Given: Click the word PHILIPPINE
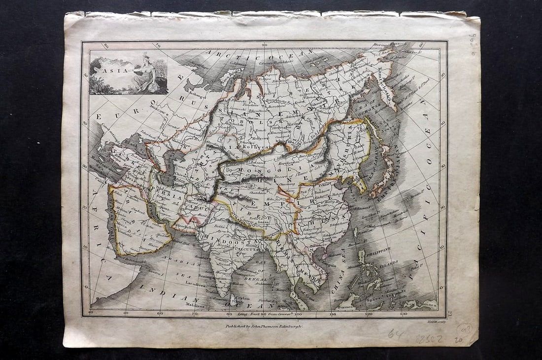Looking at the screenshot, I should click(378, 250).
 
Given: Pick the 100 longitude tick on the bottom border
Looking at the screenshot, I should click(298, 314).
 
